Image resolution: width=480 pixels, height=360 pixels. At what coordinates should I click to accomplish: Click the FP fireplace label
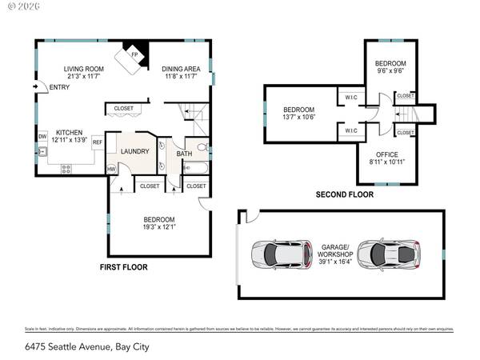click(x=134, y=55)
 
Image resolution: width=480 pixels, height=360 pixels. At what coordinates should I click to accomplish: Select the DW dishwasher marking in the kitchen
click(x=42, y=136)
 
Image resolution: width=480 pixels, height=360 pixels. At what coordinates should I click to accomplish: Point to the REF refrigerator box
click(x=97, y=142)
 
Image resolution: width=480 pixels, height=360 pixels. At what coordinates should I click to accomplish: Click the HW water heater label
click(x=111, y=169)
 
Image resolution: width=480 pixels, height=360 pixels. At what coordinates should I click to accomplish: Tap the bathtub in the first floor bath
click(x=195, y=168)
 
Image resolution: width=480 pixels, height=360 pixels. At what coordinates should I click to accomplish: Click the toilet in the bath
click(x=202, y=147)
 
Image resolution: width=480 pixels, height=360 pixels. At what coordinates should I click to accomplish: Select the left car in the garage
click(x=276, y=254)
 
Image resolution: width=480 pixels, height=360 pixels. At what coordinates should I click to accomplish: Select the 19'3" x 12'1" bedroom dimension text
click(x=159, y=227)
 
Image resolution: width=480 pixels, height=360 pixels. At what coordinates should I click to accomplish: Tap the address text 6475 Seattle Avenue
click(x=75, y=347)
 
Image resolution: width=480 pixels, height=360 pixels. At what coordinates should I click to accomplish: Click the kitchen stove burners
click(x=66, y=168)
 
